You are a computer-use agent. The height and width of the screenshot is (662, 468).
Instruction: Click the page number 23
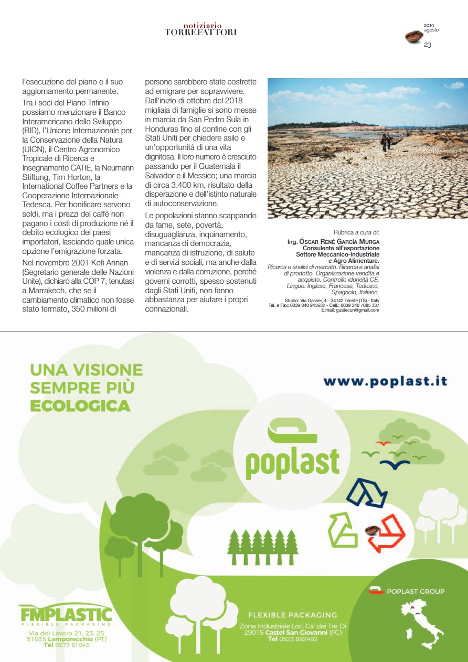pyautogui.click(x=427, y=45)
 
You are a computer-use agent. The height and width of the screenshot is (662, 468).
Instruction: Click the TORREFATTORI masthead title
pyautogui.click(x=200, y=33)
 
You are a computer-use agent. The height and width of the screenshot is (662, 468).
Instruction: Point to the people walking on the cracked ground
pyautogui.click(x=386, y=142)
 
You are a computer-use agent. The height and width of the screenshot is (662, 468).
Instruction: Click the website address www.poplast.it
pyautogui.click(x=385, y=381)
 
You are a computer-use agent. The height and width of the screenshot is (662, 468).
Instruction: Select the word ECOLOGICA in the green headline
pyautogui.click(x=80, y=405)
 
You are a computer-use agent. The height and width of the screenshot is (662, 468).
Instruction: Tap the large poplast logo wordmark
pyautogui.click(x=292, y=462)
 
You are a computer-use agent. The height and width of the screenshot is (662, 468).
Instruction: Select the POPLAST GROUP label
pyautogui.click(x=415, y=591)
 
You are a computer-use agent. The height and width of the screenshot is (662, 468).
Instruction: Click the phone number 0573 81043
pyautogui.click(x=66, y=645)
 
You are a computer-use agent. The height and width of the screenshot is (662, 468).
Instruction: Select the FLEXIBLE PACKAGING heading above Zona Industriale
pyautogui.click(x=292, y=615)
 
